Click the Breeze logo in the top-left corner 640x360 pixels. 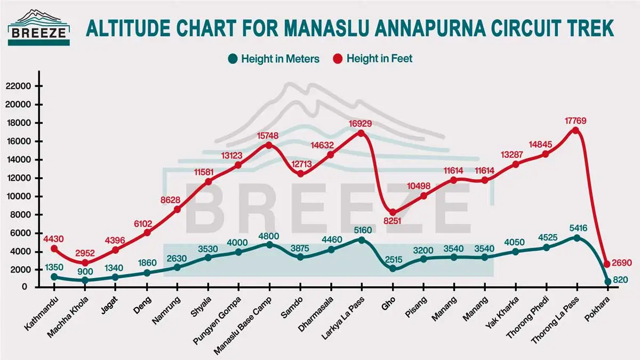point(39,27)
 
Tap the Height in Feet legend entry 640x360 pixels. point(373,59)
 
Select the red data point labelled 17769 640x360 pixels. point(576,130)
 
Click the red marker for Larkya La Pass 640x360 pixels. point(361,133)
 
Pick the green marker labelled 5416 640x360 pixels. point(576,238)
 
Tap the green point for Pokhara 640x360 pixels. point(607,282)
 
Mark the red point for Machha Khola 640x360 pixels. point(85,262)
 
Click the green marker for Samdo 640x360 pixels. point(301,257)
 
